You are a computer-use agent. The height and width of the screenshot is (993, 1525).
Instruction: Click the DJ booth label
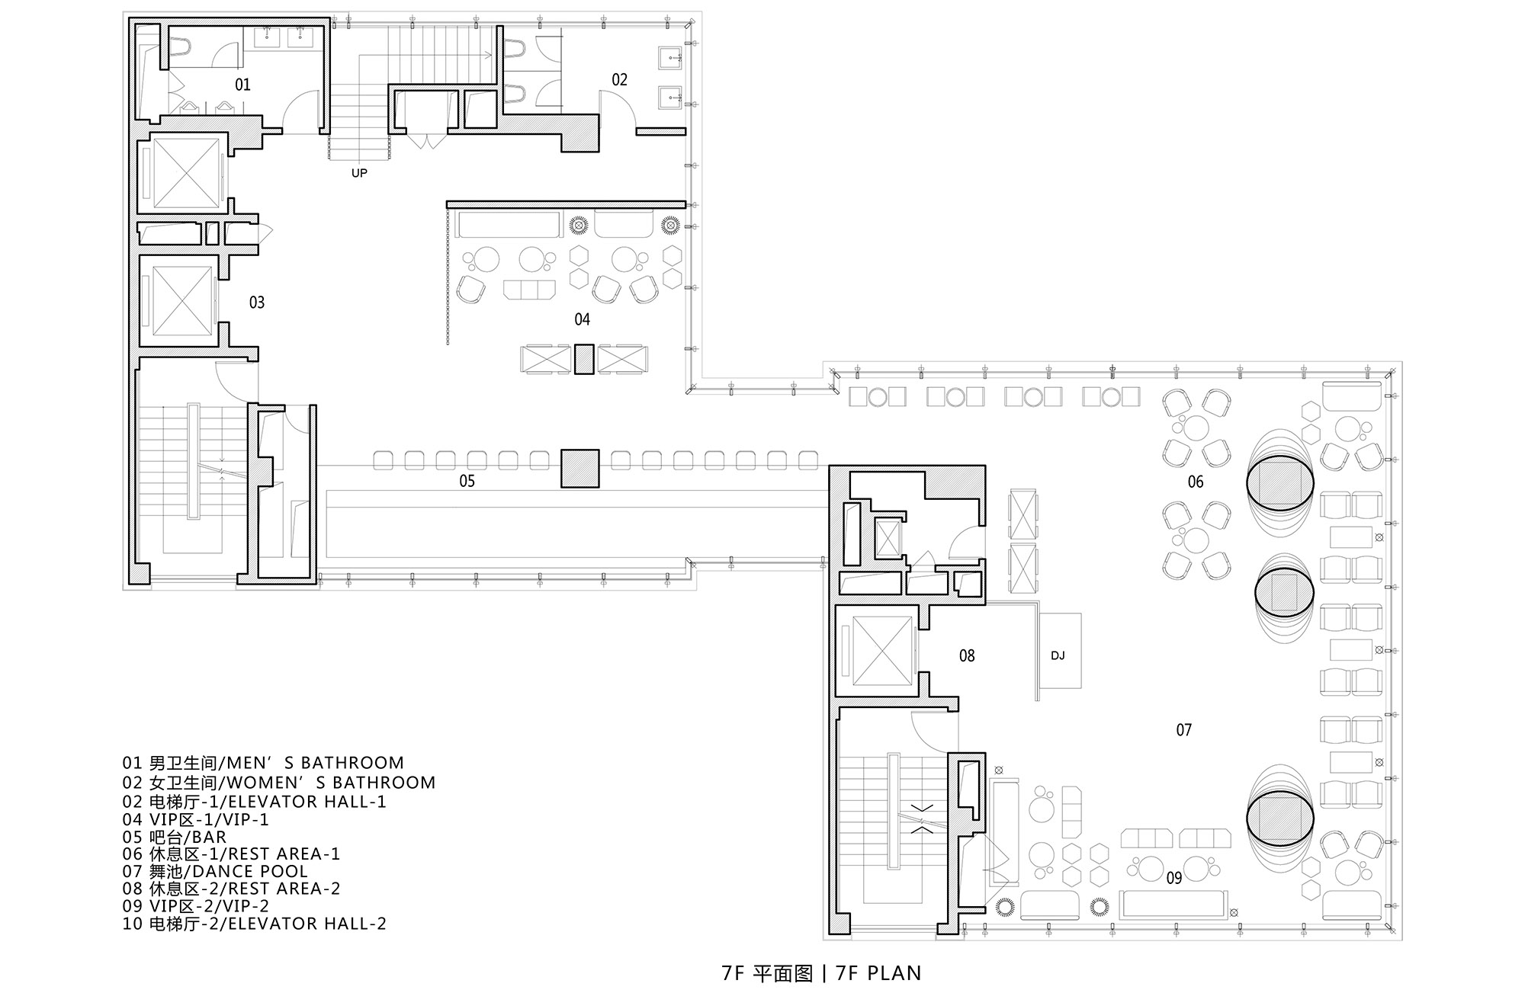click(1058, 655)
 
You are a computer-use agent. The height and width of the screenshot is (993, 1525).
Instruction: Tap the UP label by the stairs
click(359, 173)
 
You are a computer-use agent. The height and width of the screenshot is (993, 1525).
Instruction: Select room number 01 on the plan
click(242, 85)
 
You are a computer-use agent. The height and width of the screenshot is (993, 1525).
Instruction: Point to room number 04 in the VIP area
click(583, 319)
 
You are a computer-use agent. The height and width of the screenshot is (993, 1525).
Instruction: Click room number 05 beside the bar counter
click(467, 481)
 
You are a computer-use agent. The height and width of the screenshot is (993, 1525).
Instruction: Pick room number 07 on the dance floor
click(1183, 730)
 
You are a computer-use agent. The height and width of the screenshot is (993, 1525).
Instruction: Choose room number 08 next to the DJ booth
click(967, 655)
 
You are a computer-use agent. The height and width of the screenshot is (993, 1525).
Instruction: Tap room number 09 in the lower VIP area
click(1174, 878)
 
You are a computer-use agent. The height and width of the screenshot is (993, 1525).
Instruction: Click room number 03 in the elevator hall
click(257, 303)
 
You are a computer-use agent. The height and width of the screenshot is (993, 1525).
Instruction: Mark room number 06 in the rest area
click(1196, 482)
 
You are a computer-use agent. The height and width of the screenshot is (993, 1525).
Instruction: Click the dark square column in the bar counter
click(580, 469)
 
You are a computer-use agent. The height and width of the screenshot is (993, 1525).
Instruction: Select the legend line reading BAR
click(175, 837)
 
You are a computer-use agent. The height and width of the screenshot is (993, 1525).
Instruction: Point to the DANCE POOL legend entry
click(215, 871)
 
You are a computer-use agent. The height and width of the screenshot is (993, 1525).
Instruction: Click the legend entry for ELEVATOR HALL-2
click(254, 924)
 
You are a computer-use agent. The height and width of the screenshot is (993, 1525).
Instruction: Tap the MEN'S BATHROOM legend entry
click(263, 763)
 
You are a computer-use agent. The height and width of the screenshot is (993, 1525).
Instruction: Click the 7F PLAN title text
click(822, 973)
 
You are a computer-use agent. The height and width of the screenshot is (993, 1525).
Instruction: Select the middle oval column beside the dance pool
click(1286, 591)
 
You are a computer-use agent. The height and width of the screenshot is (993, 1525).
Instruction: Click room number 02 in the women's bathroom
click(619, 80)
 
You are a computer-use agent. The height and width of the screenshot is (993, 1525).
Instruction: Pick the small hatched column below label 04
click(584, 359)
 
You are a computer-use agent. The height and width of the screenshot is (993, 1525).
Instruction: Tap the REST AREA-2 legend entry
click(231, 889)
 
